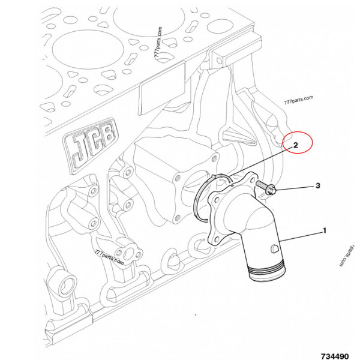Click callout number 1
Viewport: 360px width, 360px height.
click(324, 230)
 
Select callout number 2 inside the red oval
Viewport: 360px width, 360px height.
click(295, 145)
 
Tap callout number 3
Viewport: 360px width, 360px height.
click(318, 187)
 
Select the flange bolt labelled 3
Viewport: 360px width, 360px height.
click(268, 189)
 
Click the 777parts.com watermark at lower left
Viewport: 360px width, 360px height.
click(109, 259)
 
